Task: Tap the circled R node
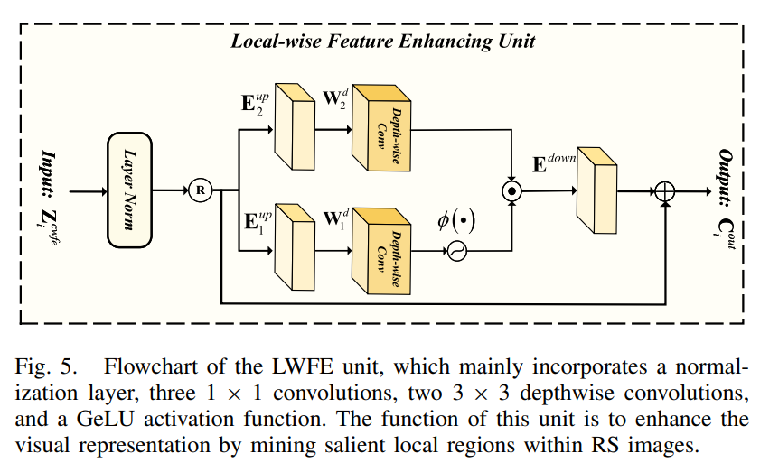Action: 201,190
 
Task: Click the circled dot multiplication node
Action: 512,191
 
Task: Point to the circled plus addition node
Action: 666,191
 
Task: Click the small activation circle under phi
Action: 456,254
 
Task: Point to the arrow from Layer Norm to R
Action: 172,190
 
